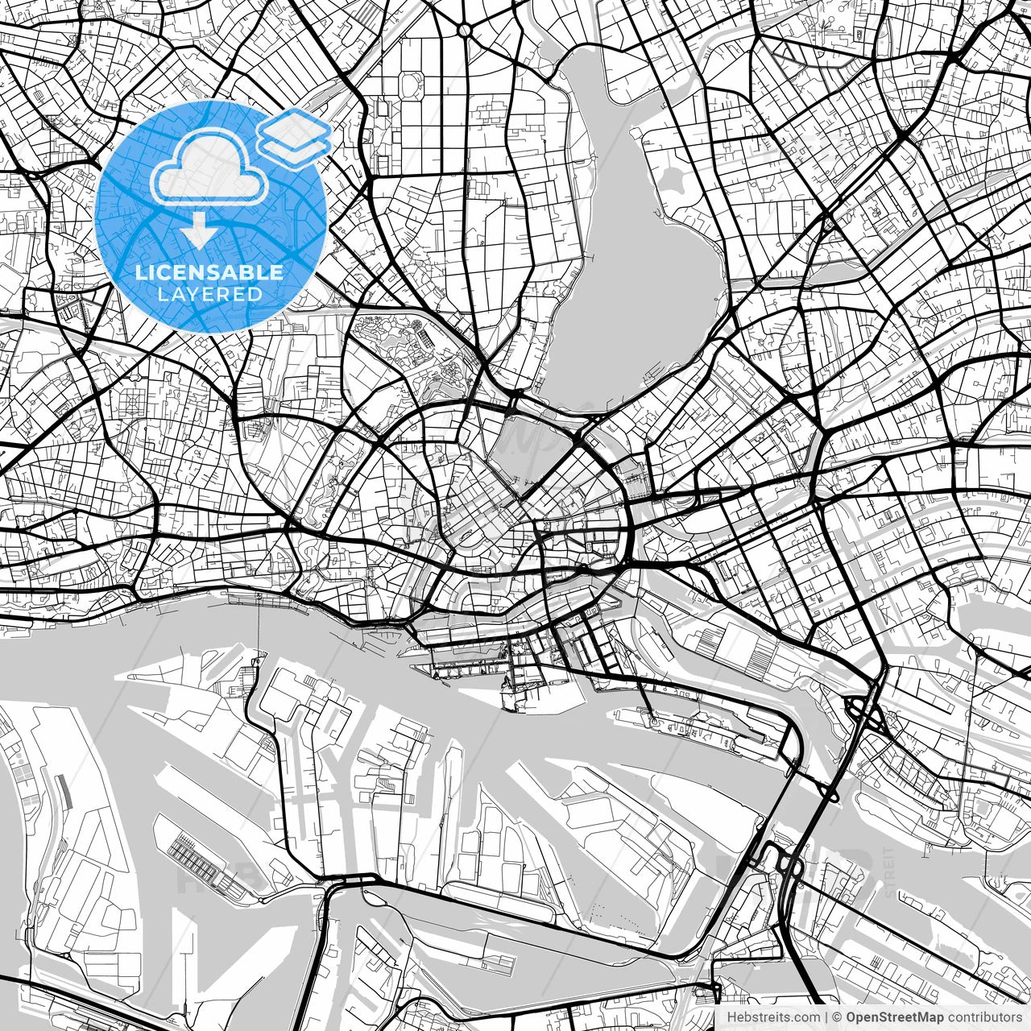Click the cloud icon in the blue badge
211,168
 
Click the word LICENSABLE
209,272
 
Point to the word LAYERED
210,294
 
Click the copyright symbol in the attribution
838,1017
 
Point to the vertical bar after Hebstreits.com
826,1017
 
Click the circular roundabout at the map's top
465,29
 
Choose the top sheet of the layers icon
295,127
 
